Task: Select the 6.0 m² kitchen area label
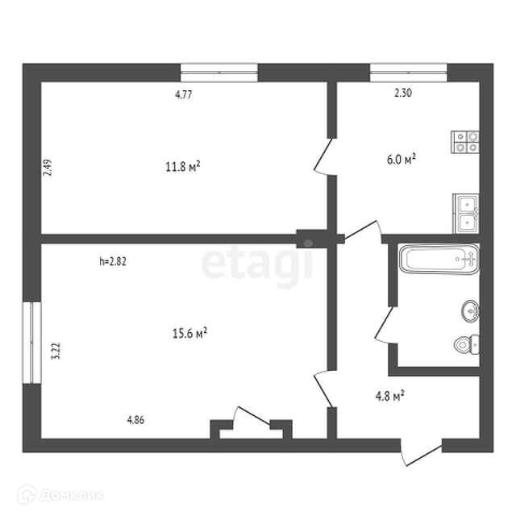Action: click(x=401, y=160)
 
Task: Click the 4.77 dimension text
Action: click(x=183, y=94)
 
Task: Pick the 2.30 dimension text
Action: click(x=402, y=94)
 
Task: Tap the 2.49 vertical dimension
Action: click(x=48, y=169)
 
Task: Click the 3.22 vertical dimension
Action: click(x=56, y=351)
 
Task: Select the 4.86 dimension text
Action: click(x=136, y=419)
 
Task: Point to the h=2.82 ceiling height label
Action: click(x=114, y=261)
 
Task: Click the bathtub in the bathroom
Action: click(x=439, y=260)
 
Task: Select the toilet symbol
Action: click(x=464, y=344)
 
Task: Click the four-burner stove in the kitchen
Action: click(x=466, y=142)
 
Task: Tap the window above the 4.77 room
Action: click(x=219, y=72)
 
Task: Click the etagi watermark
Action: click(x=256, y=266)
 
